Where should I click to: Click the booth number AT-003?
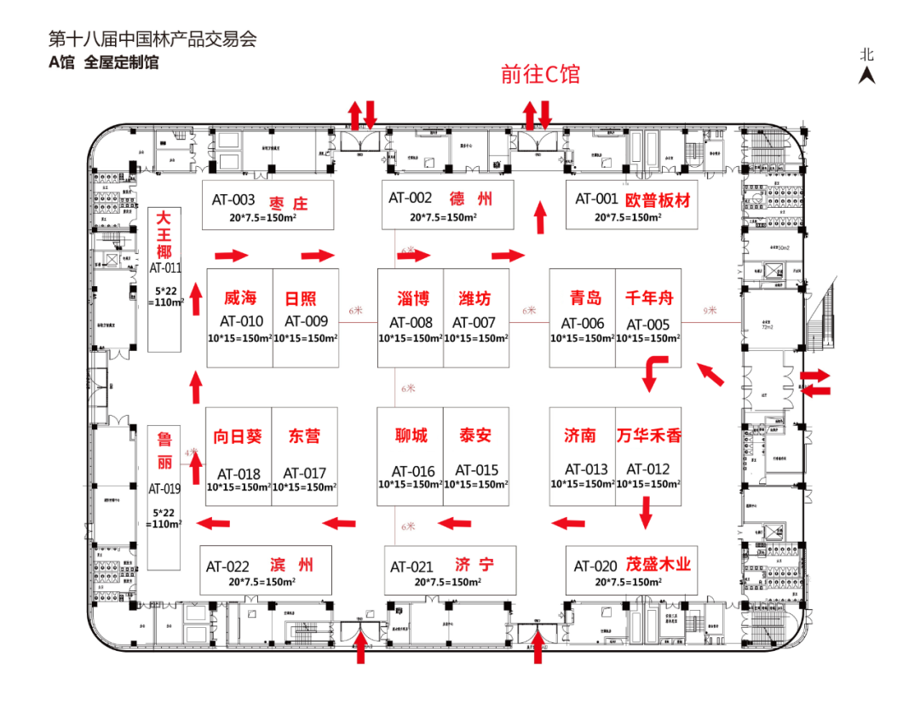coord(233,201)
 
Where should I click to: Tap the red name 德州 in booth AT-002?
coord(471,199)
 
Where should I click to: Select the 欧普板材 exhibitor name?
coord(658,200)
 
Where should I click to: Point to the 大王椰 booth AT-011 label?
coord(164,267)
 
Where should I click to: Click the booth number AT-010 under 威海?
coord(241,321)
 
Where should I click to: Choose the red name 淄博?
coord(412,299)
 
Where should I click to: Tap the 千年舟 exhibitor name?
coord(649,298)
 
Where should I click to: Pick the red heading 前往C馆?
coord(540,74)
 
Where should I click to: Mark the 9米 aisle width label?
coord(710,311)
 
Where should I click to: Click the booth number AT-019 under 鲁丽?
coord(164,489)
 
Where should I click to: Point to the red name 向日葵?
coord(238,437)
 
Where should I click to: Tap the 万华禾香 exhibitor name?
coord(649,435)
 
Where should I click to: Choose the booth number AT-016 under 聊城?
coord(413,471)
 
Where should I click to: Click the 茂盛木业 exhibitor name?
coord(658,564)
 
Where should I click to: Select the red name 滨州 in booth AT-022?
coord(291,565)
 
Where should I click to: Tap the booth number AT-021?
coord(412,567)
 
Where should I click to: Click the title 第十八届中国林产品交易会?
coord(152,39)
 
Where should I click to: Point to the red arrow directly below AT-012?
coord(647,513)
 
